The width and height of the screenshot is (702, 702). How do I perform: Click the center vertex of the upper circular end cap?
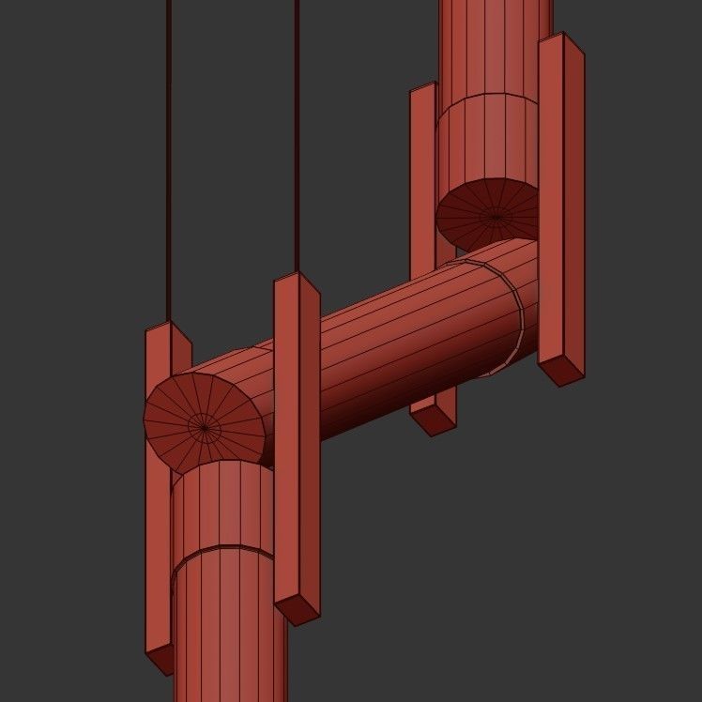496,217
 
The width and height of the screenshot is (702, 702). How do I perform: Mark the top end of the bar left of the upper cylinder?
423,88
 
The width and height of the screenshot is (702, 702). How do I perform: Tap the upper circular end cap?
479,206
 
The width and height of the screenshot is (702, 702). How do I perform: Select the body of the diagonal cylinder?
404,347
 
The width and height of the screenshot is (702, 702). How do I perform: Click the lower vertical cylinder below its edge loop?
230,629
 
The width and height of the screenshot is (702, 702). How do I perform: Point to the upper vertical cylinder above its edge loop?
496,47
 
